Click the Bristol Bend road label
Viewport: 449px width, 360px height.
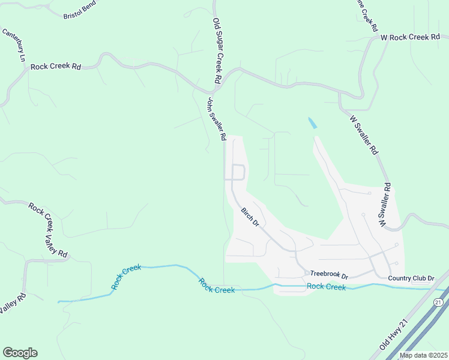tap(79, 13)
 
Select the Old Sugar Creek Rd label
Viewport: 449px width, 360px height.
tap(218, 51)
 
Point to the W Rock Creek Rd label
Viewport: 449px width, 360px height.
tap(411, 37)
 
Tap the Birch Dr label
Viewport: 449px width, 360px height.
tap(250, 217)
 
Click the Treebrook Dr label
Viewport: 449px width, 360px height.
tap(329, 275)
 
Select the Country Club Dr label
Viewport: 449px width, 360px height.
tap(411, 278)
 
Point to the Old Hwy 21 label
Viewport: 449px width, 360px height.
tap(390, 340)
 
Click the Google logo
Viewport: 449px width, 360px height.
tap(20, 353)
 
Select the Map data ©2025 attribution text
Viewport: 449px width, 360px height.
tap(423, 355)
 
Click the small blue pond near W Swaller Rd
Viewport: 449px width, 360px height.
tap(312, 124)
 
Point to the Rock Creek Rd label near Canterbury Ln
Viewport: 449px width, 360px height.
tap(55, 67)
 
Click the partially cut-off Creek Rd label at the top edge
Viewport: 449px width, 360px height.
tap(368, 15)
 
